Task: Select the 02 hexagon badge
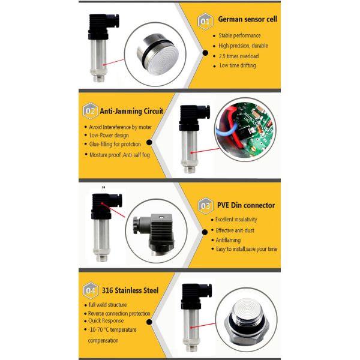(91, 110)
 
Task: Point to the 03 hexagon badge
(206, 205)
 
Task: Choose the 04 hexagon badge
(91, 291)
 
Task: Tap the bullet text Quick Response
(109, 320)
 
